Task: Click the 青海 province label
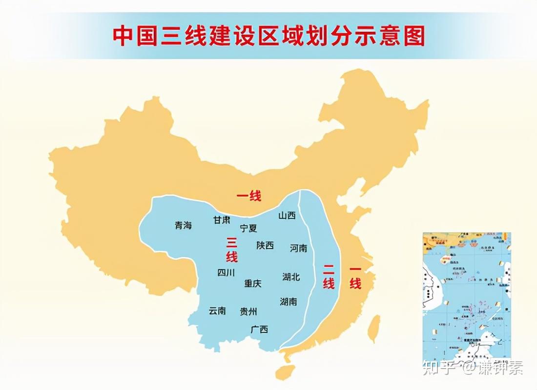point(183,226)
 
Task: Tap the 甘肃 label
point(221,220)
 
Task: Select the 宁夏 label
point(248,228)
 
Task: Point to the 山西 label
point(287,215)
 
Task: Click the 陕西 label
point(265,245)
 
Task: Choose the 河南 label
point(298,248)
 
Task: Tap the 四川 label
point(226,273)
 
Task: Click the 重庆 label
point(253,283)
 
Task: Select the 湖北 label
point(291,277)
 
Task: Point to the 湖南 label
point(289,302)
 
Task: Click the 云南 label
point(217,311)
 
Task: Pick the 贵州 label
point(248,311)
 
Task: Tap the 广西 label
point(259,330)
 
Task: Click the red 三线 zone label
point(231,249)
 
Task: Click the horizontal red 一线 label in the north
point(249,196)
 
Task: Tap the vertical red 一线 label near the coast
point(355,276)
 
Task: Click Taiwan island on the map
point(373,328)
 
